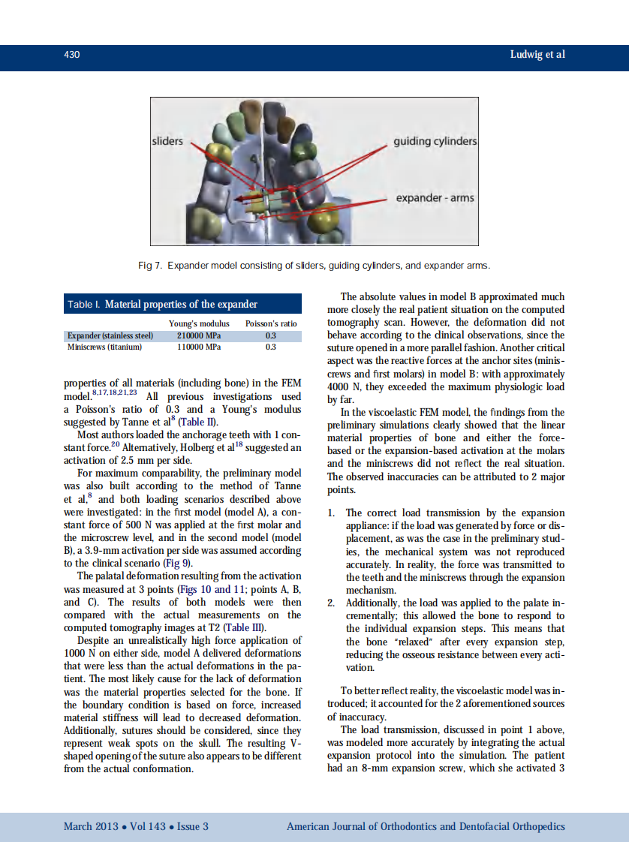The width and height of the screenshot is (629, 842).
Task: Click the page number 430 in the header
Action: pyautogui.click(x=72, y=55)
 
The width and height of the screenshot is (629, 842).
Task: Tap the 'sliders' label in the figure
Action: pyautogui.click(x=167, y=141)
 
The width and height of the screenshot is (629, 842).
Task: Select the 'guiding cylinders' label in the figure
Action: pyautogui.click(x=435, y=141)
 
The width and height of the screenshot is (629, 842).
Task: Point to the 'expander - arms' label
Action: pyautogui.click(x=435, y=198)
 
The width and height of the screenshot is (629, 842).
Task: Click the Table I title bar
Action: pyautogui.click(x=182, y=304)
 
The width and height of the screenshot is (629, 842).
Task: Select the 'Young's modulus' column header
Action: pyautogui.click(x=199, y=323)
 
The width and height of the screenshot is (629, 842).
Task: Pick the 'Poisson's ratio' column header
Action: pyautogui.click(x=271, y=323)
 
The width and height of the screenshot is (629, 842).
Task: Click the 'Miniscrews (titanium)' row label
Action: pyautogui.click(x=104, y=347)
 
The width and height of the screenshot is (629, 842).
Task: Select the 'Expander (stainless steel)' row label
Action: pyautogui.click(x=110, y=335)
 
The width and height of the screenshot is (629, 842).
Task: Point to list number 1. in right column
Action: pyautogui.click(x=333, y=513)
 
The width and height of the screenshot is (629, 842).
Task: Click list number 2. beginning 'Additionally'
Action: pyautogui.click(x=333, y=603)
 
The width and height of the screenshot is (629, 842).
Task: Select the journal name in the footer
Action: pyautogui.click(x=426, y=826)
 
